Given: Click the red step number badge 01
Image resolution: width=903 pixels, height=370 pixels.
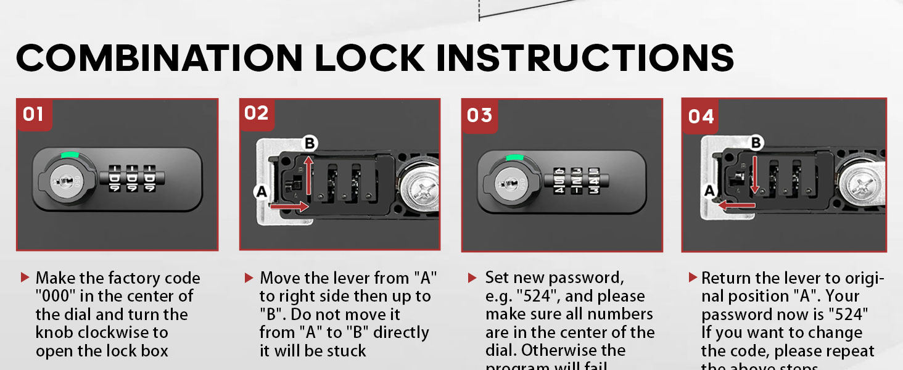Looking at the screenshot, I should click(33, 114).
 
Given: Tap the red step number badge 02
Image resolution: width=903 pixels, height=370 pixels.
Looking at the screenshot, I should click(257, 113).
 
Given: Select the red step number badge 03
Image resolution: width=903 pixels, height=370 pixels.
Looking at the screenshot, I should click(479, 115).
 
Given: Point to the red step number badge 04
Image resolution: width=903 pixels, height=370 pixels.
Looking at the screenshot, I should click(701, 116).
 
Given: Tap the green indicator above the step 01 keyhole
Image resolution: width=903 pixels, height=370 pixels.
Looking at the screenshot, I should click(69, 155).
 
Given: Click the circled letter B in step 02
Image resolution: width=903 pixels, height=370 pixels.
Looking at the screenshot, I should click(310, 144).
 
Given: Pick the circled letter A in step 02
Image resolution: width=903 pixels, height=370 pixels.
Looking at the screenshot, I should click(261, 192).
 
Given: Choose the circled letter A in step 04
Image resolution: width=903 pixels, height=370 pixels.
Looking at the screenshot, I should click(709, 191).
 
